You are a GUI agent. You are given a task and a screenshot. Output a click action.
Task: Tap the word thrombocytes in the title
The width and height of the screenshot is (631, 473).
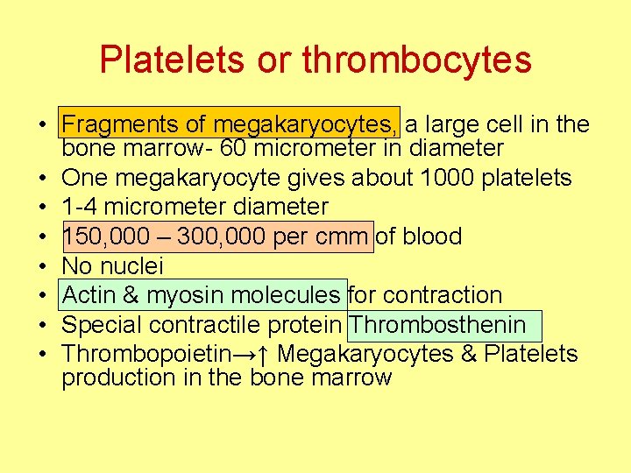pyautogui.click(x=416, y=60)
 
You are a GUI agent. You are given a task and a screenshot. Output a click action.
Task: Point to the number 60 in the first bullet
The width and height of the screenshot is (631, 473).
pyautogui.click(x=232, y=148)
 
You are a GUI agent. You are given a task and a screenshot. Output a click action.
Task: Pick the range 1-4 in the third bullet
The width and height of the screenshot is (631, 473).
pyautogui.click(x=82, y=208)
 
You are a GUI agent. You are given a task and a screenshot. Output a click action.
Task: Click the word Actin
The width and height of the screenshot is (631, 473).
pyautogui.click(x=91, y=295)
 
